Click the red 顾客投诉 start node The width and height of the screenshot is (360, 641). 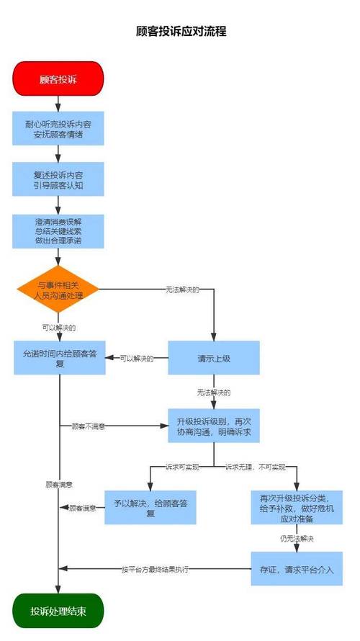(58, 79)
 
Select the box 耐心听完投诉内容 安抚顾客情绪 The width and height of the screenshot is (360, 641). (58, 127)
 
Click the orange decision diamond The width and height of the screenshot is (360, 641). (58, 290)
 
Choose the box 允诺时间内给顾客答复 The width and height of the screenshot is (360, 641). (59, 358)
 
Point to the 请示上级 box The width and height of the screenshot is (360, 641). (214, 358)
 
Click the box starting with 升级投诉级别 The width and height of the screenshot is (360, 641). (214, 426)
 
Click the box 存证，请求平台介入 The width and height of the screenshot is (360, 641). (297, 569)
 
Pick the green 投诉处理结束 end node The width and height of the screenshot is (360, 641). (58, 611)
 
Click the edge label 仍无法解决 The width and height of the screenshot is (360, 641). (297, 538)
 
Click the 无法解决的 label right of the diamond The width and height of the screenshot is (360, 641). (181, 290)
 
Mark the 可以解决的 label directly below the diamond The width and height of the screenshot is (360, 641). (58, 328)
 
